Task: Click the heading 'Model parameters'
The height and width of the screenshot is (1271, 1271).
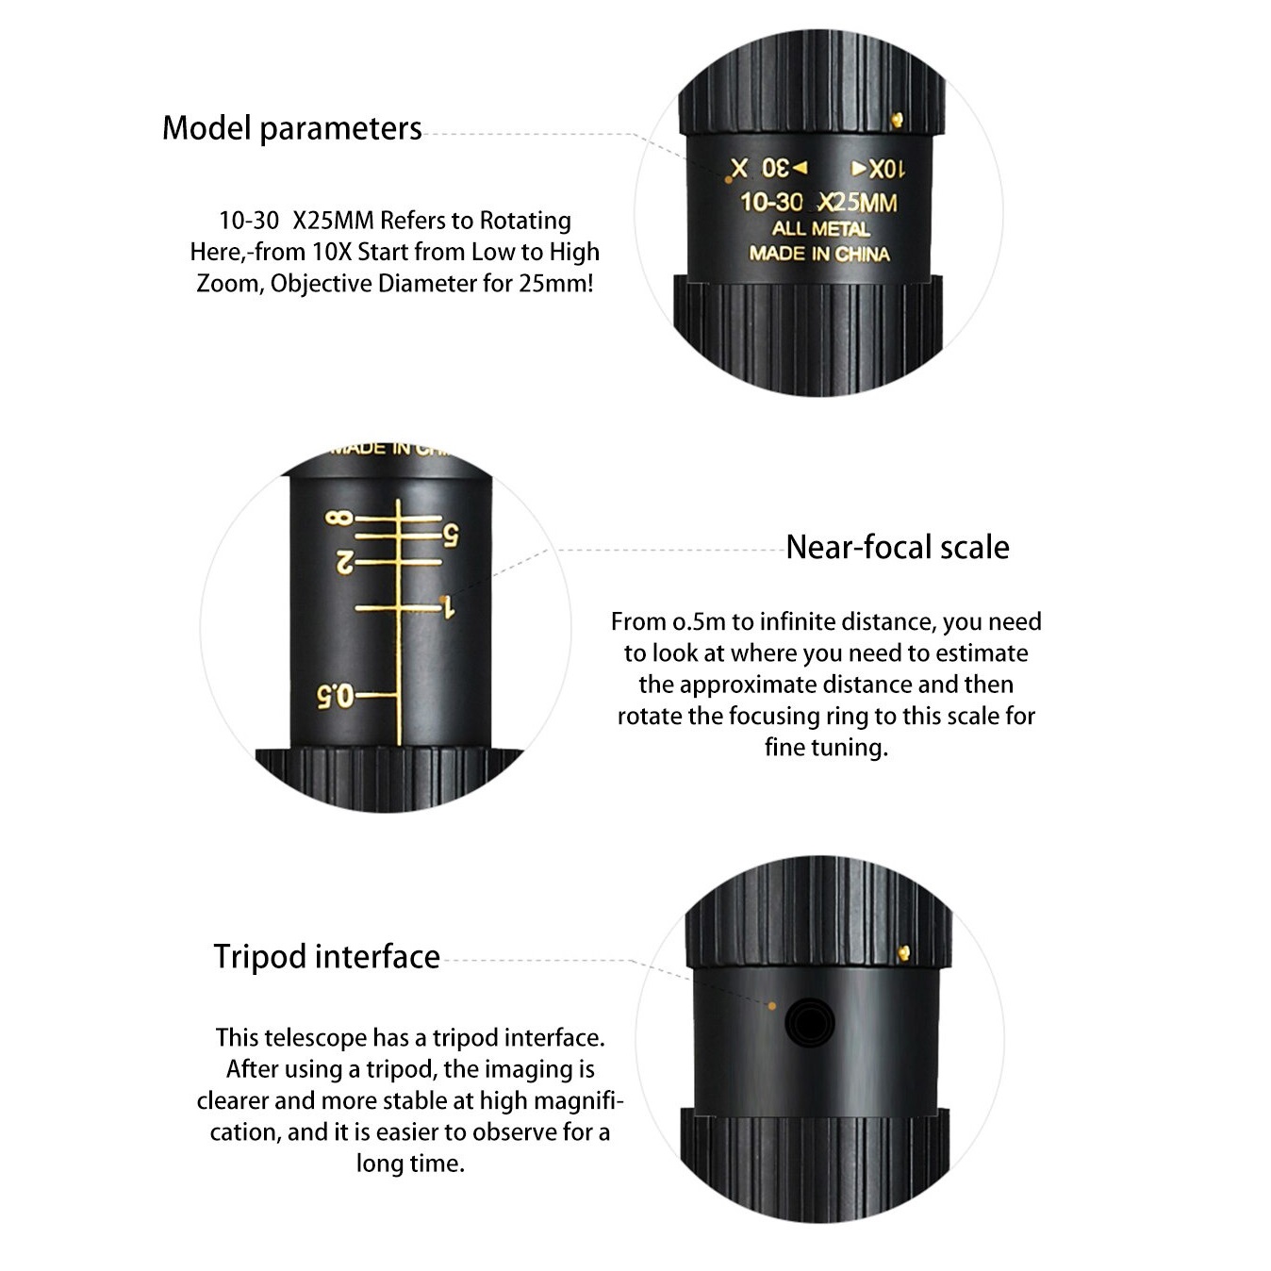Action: point(291,128)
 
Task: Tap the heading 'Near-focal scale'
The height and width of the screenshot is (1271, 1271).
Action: point(897,548)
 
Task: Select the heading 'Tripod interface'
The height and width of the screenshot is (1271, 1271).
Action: point(326,956)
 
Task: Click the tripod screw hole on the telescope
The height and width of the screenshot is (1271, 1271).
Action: point(810,1023)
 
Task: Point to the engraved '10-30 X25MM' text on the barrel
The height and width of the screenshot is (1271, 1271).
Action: point(818,203)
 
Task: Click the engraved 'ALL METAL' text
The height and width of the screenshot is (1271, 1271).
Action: point(820,229)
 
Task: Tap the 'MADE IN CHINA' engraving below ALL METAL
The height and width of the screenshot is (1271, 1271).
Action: point(819,254)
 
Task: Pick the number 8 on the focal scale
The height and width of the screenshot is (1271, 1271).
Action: point(339,518)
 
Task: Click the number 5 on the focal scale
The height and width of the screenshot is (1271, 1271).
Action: point(451,535)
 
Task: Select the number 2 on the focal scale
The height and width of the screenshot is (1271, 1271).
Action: point(345,563)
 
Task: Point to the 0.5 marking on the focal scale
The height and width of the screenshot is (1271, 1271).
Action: point(335,696)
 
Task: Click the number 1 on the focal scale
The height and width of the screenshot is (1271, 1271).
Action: point(449,607)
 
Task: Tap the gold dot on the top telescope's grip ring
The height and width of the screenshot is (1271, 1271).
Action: point(897,120)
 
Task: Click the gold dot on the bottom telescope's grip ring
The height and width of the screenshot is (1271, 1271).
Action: point(903,952)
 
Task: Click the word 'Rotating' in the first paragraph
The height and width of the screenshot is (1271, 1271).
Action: point(525,221)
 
